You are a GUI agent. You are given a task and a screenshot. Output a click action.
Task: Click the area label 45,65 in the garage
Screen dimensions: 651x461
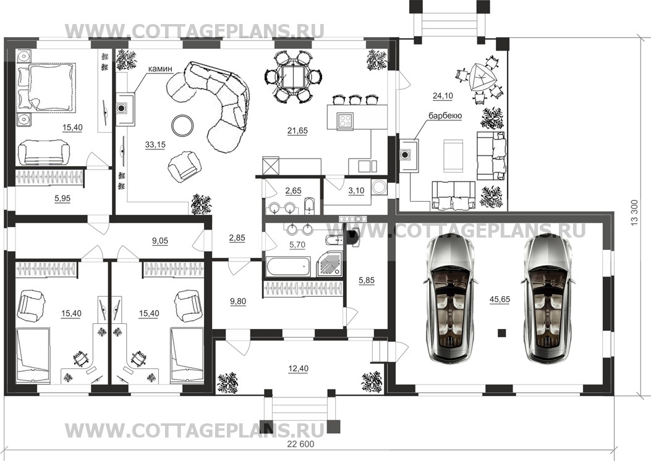click(500, 299)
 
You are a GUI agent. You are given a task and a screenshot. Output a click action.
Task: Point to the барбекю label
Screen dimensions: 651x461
click(445, 116)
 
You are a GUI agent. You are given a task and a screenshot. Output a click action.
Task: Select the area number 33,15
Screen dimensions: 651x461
click(155, 144)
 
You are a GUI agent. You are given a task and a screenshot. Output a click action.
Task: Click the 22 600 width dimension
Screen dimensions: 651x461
click(300, 444)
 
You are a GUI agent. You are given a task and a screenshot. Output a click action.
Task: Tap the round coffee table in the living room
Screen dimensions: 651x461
click(182, 125)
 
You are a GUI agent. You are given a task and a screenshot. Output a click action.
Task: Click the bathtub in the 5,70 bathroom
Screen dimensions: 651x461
click(288, 267)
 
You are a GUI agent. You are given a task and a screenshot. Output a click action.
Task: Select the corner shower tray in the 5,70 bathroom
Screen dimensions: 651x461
click(330, 264)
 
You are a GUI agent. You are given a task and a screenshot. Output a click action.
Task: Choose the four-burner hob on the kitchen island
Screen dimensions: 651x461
click(346, 120)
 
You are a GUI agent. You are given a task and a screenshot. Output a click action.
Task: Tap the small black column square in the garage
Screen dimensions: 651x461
click(502, 333)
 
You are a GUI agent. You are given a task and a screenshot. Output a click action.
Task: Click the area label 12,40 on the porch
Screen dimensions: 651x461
click(298, 368)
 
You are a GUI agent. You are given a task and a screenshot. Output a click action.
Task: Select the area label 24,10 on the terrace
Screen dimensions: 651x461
click(443, 96)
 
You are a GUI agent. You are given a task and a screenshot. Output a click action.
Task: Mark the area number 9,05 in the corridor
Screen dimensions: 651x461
click(160, 241)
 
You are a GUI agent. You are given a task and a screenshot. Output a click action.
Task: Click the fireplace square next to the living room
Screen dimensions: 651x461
click(122, 108)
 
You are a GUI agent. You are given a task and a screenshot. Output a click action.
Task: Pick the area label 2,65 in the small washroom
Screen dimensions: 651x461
click(294, 191)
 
